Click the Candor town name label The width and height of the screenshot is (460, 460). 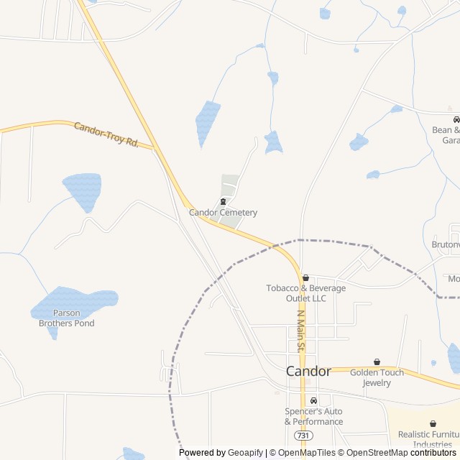click(308, 372)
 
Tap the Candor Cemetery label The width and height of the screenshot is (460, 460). click(223, 213)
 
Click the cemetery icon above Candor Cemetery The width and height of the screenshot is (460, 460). click(223, 202)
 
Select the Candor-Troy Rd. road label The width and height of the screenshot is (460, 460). click(106, 134)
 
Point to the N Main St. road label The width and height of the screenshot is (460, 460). click(301, 331)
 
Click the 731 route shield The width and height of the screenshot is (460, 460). click(303, 436)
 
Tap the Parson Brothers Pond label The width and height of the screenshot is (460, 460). click(66, 318)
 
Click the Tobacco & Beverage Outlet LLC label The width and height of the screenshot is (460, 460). click(305, 293)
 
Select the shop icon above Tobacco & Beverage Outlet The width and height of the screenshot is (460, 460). click(305, 277)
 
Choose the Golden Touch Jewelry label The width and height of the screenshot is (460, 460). click(377, 377)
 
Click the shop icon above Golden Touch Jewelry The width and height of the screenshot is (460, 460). click(377, 362)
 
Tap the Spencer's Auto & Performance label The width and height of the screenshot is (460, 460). click(313, 417)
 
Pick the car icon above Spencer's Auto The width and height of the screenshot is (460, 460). click(313, 401)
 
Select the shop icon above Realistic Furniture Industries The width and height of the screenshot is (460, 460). click(433, 424)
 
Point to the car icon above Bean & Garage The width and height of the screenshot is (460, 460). click(456, 119)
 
